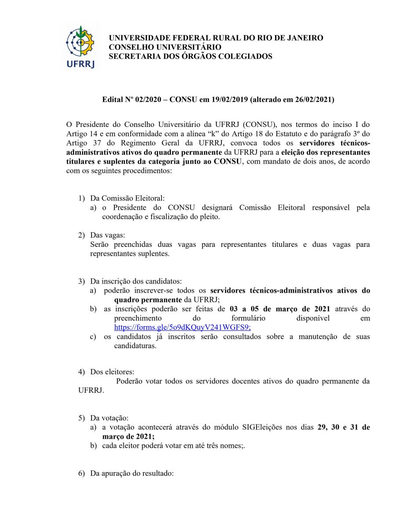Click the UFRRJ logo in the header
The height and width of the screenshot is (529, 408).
pos(80,47)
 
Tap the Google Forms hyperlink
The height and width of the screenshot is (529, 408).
pos(182,328)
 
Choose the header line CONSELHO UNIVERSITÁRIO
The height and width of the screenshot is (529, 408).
pos(165,47)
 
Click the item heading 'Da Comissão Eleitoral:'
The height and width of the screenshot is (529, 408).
pos(127,198)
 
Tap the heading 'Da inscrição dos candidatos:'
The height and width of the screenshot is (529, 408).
pos(136,281)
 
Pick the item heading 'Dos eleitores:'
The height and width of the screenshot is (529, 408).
pos(112,372)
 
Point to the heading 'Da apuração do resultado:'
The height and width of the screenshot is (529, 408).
pos(132,474)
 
